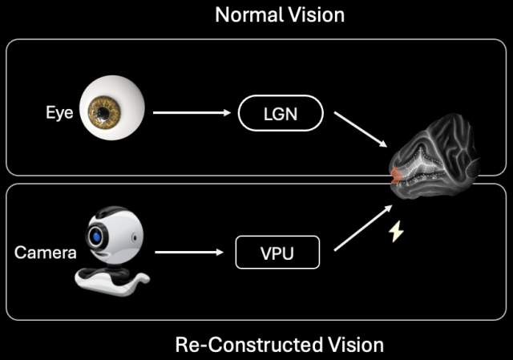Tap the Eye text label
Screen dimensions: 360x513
pyautogui.click(x=59, y=113)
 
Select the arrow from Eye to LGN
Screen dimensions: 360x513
pyautogui.click(x=187, y=113)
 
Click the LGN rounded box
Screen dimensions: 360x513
pyautogui.click(x=280, y=114)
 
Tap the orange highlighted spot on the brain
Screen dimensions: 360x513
pyautogui.click(x=397, y=176)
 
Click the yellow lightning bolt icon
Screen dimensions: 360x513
pyautogui.click(x=397, y=232)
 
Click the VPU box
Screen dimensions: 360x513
pyautogui.click(x=277, y=253)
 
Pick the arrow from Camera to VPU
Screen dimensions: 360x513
pyautogui.click(x=187, y=253)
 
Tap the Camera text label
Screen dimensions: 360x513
pyautogui.click(x=46, y=253)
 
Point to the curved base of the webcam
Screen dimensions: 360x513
pyautogui.click(x=120, y=281)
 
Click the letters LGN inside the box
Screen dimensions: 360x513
pyautogui.click(x=280, y=114)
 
